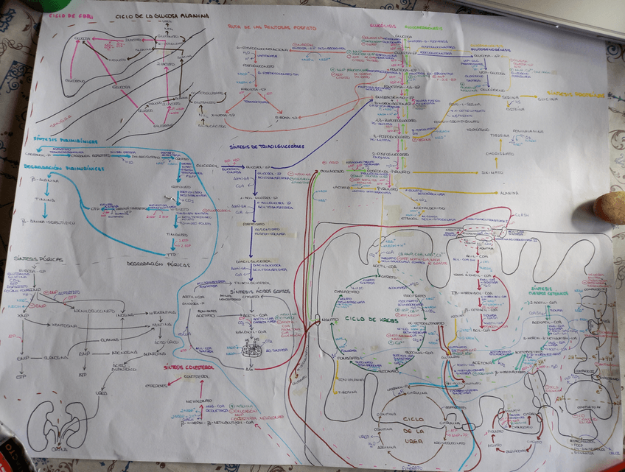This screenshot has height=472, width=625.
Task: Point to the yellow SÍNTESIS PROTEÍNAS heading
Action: pos(590,95)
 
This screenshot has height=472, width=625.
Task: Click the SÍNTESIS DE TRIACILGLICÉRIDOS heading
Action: pos(268,147)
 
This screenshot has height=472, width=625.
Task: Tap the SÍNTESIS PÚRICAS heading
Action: pos(38,259)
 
